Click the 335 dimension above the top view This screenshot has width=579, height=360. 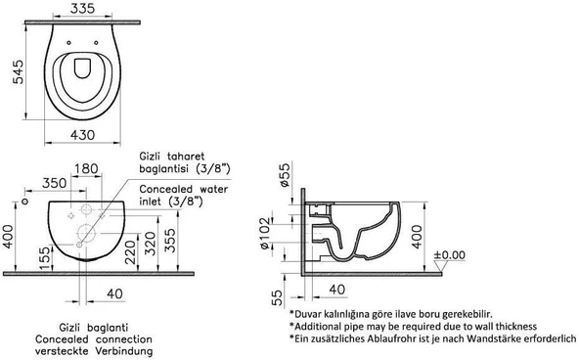(x=83, y=8)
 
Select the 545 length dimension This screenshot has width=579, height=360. (x=18, y=71)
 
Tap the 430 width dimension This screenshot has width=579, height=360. (x=83, y=135)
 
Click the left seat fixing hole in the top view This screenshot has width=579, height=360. (x=68, y=43)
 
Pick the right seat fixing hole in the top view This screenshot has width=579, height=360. (x=97, y=43)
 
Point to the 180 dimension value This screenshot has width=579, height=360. (x=86, y=169)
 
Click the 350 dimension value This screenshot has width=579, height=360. (x=55, y=183)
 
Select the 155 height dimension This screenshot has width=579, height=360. (x=44, y=258)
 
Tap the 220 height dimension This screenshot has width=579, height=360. (x=130, y=252)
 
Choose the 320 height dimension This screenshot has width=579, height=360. (x=150, y=244)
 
